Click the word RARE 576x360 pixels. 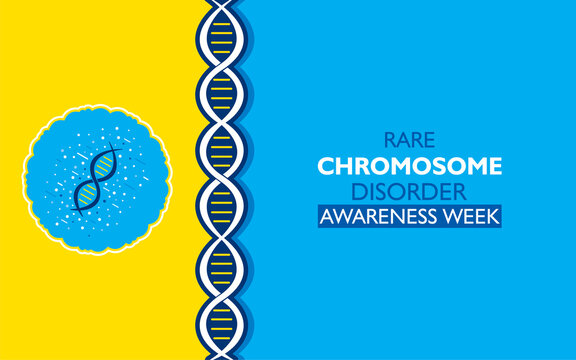pos(409,143)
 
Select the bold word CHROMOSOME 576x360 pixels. pos(409,166)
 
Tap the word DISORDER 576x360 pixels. pos(409,190)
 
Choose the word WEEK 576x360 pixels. pos(472,214)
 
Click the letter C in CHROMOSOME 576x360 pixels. pos(326,166)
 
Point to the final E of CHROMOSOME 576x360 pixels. pos(494,166)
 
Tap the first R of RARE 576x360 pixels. pos(389,143)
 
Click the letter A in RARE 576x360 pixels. pos(402,143)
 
